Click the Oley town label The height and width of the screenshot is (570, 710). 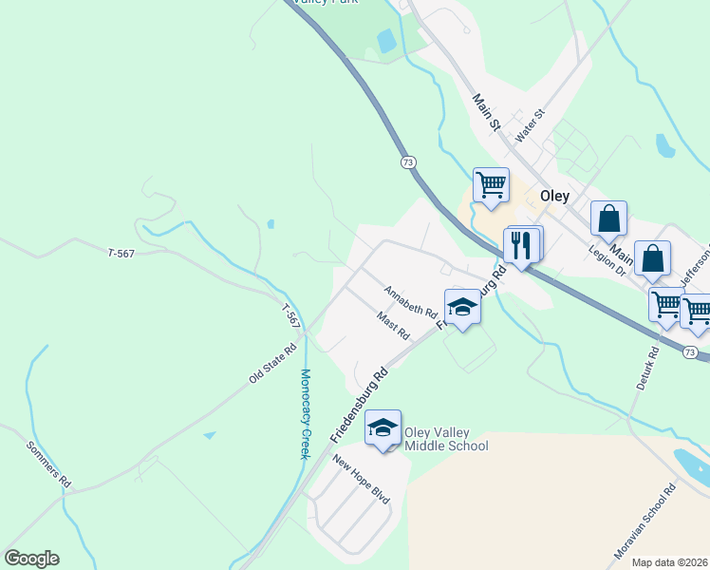tap(554, 196)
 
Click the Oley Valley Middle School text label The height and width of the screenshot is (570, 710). tap(446, 439)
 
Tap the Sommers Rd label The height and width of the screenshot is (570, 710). tap(49, 465)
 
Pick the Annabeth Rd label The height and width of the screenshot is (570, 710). tap(410, 301)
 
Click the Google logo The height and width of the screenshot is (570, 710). tap(31, 559)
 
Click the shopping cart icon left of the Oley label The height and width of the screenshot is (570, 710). tap(491, 184)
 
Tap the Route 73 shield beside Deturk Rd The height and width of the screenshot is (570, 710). tap(690, 352)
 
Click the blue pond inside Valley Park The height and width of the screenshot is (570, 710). tap(386, 41)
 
